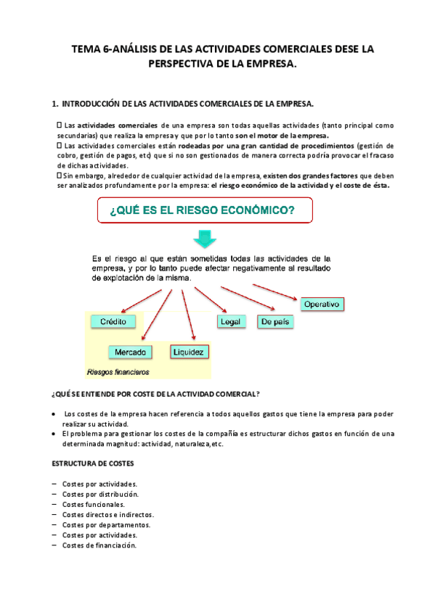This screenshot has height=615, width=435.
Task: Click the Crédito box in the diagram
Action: point(113,321)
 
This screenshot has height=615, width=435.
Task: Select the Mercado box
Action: point(131,352)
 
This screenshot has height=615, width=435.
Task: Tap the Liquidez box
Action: point(190,352)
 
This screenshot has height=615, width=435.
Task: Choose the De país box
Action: point(276,321)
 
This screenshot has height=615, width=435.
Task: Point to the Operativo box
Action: point(321,304)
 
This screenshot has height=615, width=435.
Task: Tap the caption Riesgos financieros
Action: point(118,373)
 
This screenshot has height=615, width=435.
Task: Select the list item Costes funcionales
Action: point(93,504)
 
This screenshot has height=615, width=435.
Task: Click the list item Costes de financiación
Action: point(99,545)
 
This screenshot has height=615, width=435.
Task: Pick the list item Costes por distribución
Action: point(99,494)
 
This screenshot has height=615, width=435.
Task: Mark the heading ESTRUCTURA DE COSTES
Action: point(92,463)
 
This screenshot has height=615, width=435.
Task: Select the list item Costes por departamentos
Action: point(106,524)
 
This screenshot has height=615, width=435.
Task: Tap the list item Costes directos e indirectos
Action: point(107,514)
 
